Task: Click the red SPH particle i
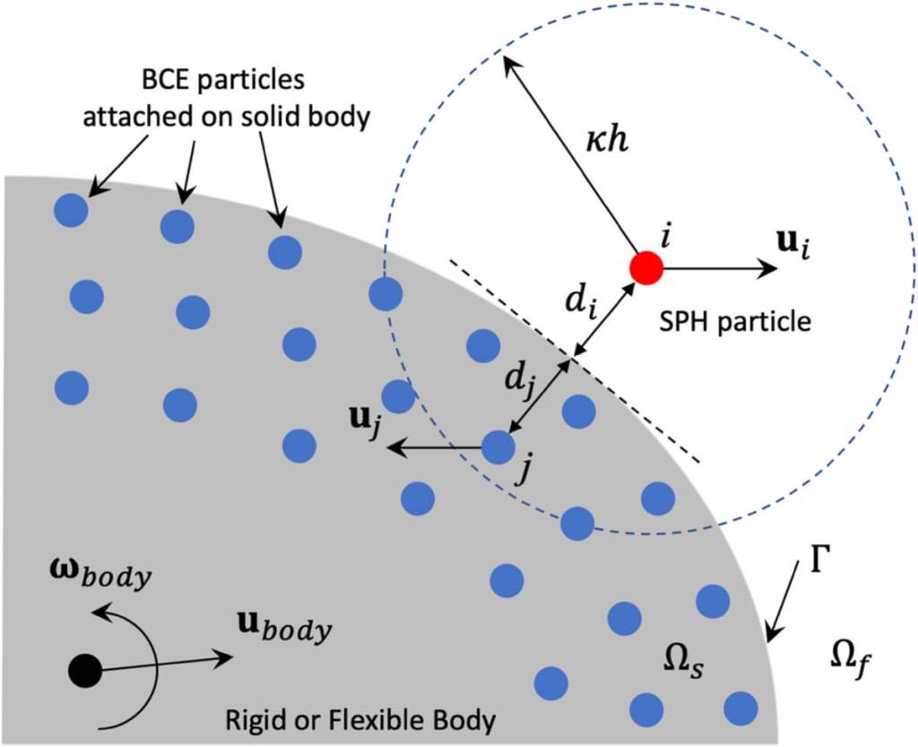coord(645,266)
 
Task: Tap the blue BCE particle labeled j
coord(498,446)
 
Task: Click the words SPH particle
coord(734,320)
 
